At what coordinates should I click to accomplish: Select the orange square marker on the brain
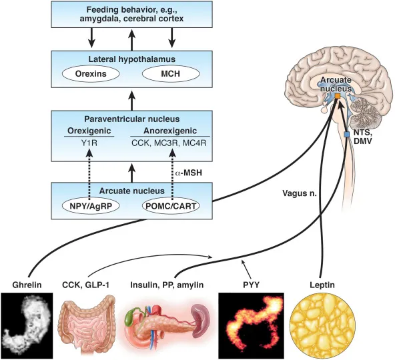tap(338, 97)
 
